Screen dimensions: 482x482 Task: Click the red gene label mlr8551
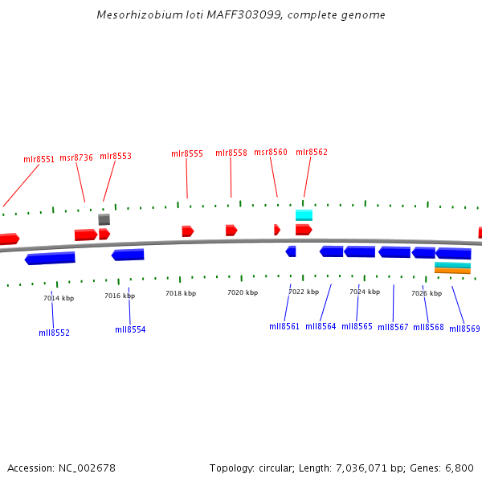[x=39, y=159]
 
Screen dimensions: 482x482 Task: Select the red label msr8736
[x=76, y=157]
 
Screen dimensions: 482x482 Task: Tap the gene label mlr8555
[x=187, y=153]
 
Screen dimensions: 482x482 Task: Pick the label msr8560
[x=270, y=153]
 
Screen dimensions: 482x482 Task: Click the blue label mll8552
[x=54, y=333]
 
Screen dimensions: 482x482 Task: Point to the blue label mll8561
[x=284, y=326]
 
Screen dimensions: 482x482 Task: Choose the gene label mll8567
[x=393, y=327]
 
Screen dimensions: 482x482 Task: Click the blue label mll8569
[x=464, y=329]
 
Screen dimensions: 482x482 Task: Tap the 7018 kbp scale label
[x=181, y=294]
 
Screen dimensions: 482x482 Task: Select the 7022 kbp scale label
[x=304, y=292]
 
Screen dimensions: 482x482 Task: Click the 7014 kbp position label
[x=59, y=298]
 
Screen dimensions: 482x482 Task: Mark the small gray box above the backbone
[x=104, y=219]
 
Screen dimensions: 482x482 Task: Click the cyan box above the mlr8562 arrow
[x=304, y=214]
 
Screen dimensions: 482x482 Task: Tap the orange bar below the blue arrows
[x=452, y=271]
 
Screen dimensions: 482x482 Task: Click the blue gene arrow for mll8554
[x=128, y=255]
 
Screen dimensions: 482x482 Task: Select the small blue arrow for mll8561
[x=291, y=251]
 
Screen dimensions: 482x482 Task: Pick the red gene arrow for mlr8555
[x=187, y=231]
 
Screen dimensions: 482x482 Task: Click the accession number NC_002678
[x=84, y=468]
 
